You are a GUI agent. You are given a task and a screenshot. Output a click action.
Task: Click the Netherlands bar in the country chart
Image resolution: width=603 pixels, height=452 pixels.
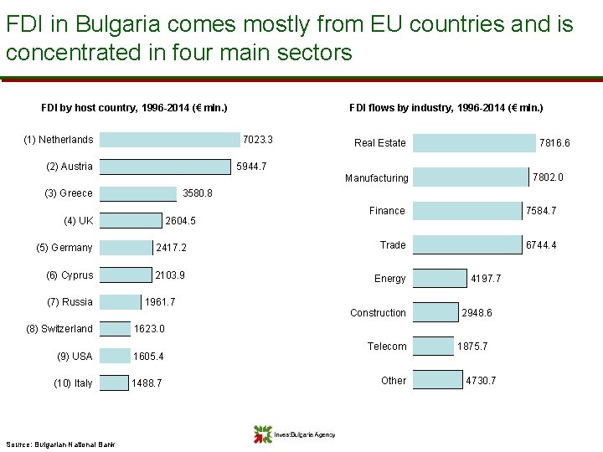click(x=169, y=140)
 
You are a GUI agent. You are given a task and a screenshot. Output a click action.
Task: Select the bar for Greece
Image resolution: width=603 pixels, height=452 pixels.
click(x=138, y=193)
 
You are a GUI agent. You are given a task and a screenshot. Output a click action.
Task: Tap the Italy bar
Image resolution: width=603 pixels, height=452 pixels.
click(x=114, y=383)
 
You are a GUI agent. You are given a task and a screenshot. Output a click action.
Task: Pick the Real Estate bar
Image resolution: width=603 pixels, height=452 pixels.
click(x=474, y=143)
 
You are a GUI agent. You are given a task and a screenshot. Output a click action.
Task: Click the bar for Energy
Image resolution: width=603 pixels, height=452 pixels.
click(x=440, y=278)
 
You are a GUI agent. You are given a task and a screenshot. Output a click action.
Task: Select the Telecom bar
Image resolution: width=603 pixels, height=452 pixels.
click(x=434, y=346)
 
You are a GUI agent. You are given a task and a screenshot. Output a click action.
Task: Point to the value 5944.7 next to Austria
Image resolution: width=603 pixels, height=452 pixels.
click(x=251, y=167)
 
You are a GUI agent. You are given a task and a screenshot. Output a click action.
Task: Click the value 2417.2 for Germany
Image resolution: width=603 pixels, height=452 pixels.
click(x=171, y=248)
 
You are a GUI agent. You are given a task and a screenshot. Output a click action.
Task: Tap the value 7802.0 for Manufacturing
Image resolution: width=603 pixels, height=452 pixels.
click(x=548, y=177)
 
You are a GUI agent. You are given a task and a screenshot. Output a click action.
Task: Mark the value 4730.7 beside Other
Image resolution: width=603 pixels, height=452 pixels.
click(x=481, y=381)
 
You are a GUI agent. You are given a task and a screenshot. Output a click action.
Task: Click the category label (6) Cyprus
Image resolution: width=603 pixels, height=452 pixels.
click(x=70, y=275)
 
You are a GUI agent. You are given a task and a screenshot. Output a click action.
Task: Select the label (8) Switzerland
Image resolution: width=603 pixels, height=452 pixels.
click(x=59, y=329)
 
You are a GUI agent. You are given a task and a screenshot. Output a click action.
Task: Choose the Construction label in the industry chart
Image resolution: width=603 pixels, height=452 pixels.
click(x=378, y=313)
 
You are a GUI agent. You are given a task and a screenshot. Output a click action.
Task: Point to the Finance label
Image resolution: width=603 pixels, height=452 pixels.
click(x=387, y=211)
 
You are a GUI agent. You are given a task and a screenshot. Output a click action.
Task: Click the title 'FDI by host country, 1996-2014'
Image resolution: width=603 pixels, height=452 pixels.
click(x=134, y=108)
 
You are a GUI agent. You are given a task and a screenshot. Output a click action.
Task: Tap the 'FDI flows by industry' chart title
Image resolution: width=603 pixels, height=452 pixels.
click(x=446, y=108)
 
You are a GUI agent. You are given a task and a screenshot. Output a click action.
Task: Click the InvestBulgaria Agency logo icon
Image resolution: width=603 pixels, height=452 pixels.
click(x=263, y=434)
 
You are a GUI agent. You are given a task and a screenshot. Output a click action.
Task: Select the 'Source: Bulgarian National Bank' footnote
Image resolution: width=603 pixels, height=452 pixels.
click(x=60, y=444)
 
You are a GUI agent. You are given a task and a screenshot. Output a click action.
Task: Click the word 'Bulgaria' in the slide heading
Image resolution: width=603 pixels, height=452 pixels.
click(x=118, y=24)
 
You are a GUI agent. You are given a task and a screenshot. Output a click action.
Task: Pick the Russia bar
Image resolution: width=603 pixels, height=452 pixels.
click(x=121, y=302)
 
